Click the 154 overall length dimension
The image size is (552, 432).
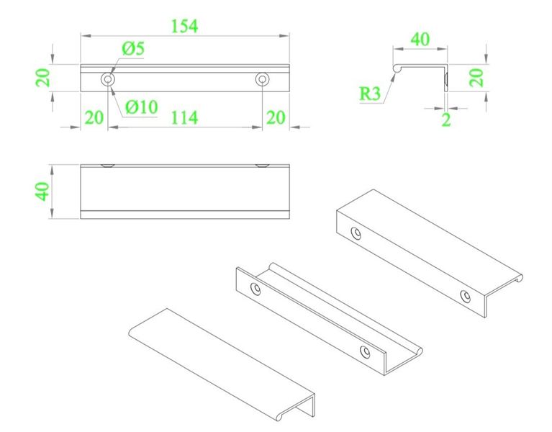(x=184, y=26)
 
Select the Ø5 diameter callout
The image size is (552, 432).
(x=133, y=49)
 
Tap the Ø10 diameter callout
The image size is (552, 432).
(x=141, y=107)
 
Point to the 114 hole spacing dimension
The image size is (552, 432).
(x=184, y=117)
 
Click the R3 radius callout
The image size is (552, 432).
(x=370, y=93)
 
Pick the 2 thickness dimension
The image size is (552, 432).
(x=446, y=120)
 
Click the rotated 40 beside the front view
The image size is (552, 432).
(x=42, y=191)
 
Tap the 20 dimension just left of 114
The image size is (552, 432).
(x=94, y=117)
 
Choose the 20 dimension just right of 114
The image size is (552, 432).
(x=276, y=117)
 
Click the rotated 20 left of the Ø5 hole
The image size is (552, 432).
(x=44, y=77)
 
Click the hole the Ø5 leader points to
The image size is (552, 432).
(x=108, y=78)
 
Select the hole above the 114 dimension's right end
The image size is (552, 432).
(x=262, y=78)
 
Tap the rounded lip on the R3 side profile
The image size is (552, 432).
(x=395, y=68)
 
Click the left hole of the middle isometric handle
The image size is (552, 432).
(x=255, y=288)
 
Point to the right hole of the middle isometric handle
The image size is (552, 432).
(x=366, y=351)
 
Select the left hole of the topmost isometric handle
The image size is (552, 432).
(x=356, y=233)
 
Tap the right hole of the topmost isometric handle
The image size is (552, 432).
(x=466, y=296)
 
